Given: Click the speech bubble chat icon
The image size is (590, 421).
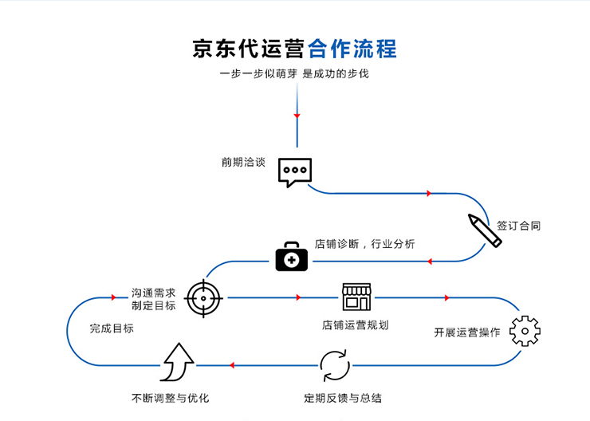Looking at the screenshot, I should tap(294, 171).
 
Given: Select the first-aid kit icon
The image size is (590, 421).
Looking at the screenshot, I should tap(291, 257).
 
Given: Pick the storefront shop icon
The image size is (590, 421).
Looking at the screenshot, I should tap(356, 297).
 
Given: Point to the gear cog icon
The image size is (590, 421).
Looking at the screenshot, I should tap(525, 331).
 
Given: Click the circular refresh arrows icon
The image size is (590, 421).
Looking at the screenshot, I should tap(335, 365).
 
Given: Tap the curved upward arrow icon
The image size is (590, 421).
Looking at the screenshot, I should tap(177, 363).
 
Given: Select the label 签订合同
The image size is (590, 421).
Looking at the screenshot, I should tap(518, 226).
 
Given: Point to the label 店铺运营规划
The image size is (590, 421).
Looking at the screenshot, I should tap(355, 325).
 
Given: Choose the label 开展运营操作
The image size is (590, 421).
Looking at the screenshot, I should tap(466, 332).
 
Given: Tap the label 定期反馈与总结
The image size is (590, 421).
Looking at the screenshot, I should tap(343, 397).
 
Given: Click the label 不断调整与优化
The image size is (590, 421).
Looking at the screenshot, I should tap(170, 397).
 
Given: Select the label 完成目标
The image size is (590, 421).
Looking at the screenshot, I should tap(112, 328).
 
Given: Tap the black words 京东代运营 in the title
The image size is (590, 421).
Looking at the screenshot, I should tap(249, 49).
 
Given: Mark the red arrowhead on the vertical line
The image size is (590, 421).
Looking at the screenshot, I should tap(297, 116).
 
